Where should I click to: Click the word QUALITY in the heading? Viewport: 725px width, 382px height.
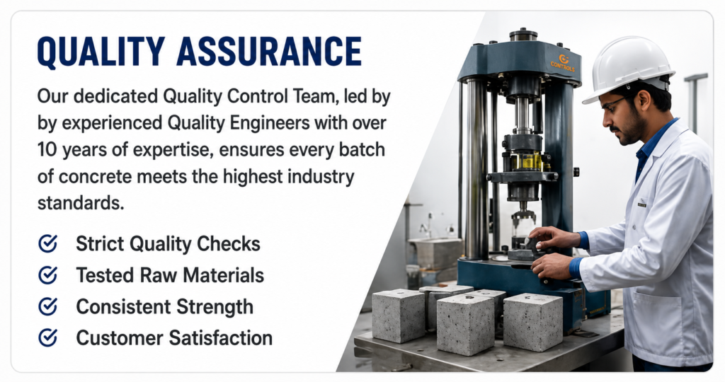click(x=101, y=51)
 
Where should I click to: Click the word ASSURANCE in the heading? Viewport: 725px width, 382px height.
click(x=269, y=51)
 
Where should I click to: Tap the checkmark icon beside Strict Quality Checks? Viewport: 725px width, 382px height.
click(x=47, y=243)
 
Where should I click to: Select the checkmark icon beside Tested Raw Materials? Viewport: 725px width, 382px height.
click(x=47, y=275)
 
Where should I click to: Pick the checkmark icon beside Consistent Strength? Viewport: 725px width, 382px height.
click(x=47, y=306)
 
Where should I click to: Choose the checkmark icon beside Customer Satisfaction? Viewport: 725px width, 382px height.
click(x=47, y=337)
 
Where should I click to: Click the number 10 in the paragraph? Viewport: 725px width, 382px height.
click(x=47, y=150)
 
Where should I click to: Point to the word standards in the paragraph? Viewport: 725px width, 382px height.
click(x=81, y=203)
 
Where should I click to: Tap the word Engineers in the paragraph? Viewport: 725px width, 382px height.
click(x=269, y=124)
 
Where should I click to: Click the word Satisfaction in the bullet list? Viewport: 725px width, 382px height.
click(x=221, y=338)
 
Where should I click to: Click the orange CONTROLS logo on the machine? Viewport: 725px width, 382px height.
click(x=562, y=63)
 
